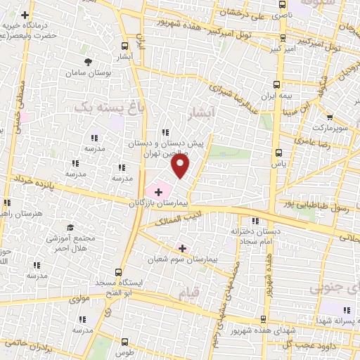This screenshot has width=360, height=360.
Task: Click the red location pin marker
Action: pyautogui.click(x=181, y=166)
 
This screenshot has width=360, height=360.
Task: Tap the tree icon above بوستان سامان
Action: pyautogui.click(x=88, y=62)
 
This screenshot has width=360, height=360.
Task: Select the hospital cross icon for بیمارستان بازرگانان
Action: pyautogui.click(x=158, y=191)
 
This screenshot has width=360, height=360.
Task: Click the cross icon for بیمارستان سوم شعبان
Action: pyautogui.click(x=183, y=248)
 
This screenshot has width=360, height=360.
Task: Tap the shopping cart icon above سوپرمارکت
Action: pyautogui.click(x=330, y=117)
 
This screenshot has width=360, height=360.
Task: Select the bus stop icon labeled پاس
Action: pyautogui.click(x=279, y=152)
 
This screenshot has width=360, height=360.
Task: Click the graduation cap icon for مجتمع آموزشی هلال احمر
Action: pyautogui.click(x=70, y=227)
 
